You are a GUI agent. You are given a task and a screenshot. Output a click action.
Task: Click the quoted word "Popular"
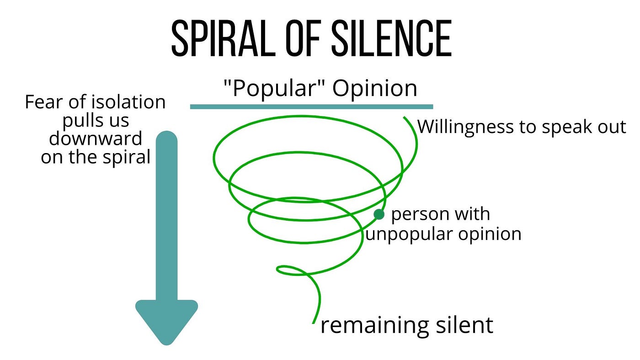(x=273, y=89)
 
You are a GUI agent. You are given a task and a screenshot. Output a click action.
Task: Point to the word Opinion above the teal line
(x=374, y=89)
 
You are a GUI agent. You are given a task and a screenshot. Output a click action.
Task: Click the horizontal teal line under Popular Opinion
(x=311, y=107)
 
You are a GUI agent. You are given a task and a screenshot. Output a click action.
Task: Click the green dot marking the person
(x=379, y=214)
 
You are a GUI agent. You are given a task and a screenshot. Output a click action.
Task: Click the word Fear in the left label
(x=42, y=102)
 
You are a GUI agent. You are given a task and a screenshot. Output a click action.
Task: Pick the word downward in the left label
(x=96, y=138)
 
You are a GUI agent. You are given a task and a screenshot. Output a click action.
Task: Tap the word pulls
(x=83, y=121)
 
